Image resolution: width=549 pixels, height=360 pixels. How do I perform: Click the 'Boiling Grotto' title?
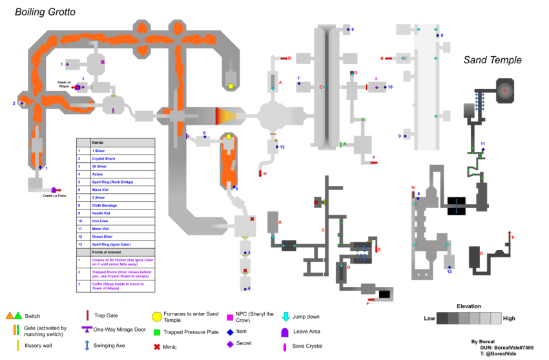[x=45, y=12]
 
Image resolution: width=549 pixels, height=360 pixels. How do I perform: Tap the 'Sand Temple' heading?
[x=492, y=60]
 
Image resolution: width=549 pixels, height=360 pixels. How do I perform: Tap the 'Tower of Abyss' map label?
[x=64, y=83]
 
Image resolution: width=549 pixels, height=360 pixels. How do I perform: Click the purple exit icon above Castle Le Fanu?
[x=54, y=189]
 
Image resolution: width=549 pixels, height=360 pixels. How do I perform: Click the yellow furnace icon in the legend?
[x=156, y=316]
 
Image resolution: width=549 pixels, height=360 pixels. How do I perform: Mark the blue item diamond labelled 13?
[x=277, y=147]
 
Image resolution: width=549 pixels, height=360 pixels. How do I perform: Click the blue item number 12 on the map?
[x=449, y=272]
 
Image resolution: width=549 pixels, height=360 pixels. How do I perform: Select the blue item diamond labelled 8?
[x=347, y=30]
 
